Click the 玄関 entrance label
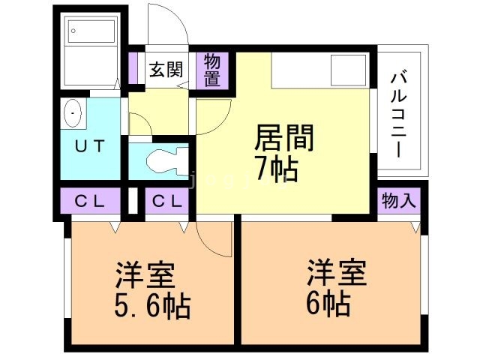tap(166, 70)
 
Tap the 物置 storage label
tap(212, 70)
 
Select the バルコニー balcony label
tap(399, 112)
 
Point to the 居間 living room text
tap(284, 139)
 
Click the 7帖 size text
tap(275, 170)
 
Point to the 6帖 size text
tap(328, 304)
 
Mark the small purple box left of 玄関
tap(135, 70)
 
